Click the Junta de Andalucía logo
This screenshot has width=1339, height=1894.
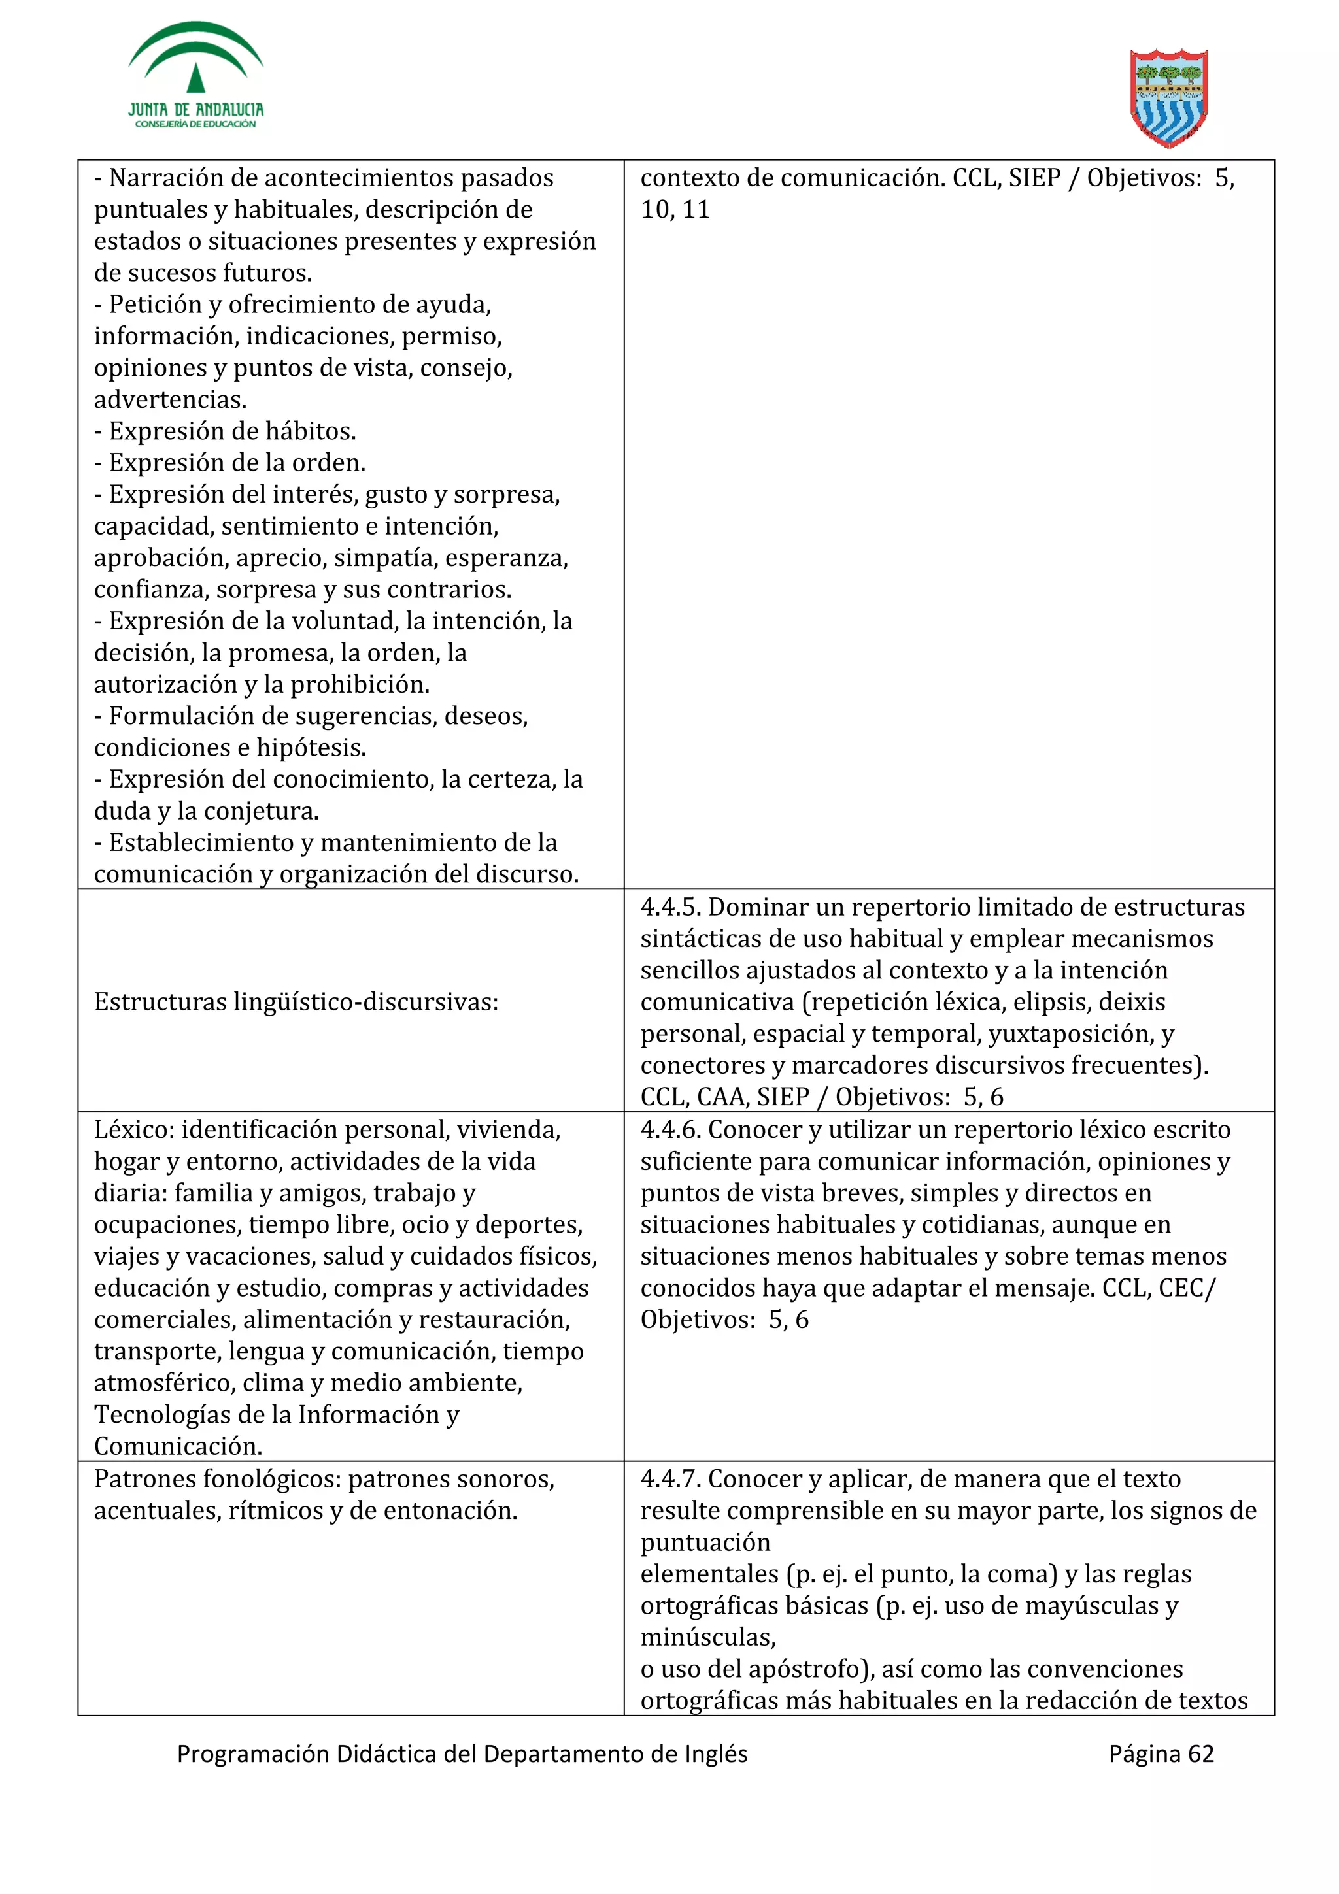[x=195, y=76]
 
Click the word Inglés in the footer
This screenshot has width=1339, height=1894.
[x=716, y=1753]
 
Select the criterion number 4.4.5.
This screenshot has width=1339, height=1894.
[x=670, y=907]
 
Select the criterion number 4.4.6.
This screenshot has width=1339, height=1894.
[x=670, y=1129]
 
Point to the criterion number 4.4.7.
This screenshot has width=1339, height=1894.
[x=670, y=1479]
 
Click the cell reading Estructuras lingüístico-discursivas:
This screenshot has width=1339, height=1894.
[x=296, y=1003]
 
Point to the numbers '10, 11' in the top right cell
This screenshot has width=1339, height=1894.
[x=675, y=210]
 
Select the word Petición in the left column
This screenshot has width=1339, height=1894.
[x=157, y=305]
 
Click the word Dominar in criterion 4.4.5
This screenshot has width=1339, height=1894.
[x=758, y=907]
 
